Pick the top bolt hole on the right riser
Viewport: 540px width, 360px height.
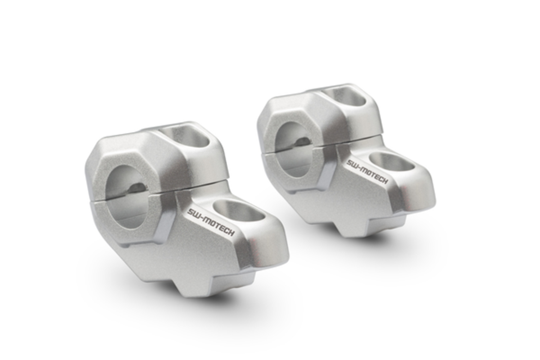tap(347, 96)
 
